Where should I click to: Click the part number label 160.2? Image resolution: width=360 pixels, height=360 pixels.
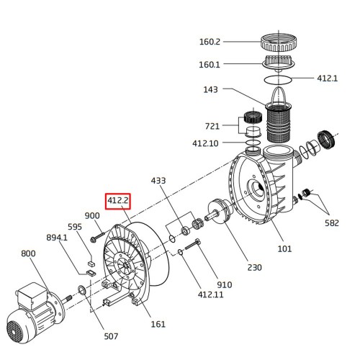(210, 42)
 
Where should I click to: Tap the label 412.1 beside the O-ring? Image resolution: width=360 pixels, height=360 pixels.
(328, 78)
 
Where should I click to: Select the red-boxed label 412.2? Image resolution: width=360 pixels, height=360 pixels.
(118, 201)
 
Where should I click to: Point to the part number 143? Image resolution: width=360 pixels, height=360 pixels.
(210, 89)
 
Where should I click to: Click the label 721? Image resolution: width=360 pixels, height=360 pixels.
(212, 126)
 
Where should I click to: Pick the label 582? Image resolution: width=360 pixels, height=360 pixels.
(332, 223)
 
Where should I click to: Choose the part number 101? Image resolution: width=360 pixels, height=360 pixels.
(284, 248)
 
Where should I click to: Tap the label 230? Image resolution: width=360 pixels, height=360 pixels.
(254, 267)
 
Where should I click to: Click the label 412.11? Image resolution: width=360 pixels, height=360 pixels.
(210, 294)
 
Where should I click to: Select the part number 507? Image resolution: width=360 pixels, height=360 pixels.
(111, 336)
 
